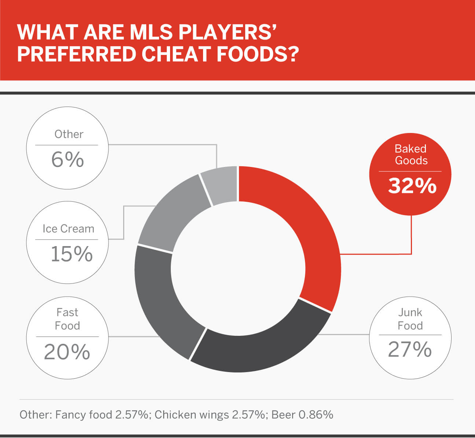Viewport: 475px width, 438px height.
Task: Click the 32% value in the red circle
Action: [412, 186]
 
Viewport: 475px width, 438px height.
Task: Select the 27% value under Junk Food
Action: [410, 349]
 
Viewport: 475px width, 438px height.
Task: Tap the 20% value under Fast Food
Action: [67, 352]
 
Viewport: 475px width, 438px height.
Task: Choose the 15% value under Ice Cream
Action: [71, 254]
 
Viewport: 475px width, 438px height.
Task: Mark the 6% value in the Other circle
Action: [68, 159]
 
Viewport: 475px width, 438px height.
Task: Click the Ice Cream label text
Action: [69, 229]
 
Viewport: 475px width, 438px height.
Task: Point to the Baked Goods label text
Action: [411, 155]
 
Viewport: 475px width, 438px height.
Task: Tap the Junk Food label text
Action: [410, 319]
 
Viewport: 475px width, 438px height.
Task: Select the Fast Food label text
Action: [67, 319]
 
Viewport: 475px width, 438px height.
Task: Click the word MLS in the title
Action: [151, 32]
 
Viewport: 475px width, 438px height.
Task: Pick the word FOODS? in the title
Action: [258, 54]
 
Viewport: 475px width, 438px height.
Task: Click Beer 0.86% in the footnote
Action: [302, 415]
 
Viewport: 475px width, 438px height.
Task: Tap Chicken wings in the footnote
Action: [192, 415]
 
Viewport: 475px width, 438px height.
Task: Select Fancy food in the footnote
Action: [84, 415]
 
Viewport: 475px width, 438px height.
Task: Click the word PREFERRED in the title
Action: [77, 54]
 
